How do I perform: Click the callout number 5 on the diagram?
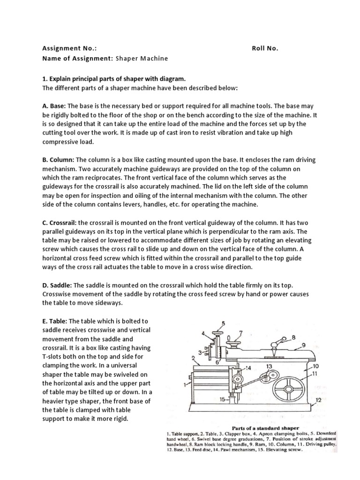(223, 323)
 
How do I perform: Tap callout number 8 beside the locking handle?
(293, 337)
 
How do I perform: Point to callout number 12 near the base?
(318, 400)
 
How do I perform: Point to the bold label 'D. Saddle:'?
(58, 285)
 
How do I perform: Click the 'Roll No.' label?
(265, 48)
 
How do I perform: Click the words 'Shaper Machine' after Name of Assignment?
(141, 58)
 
